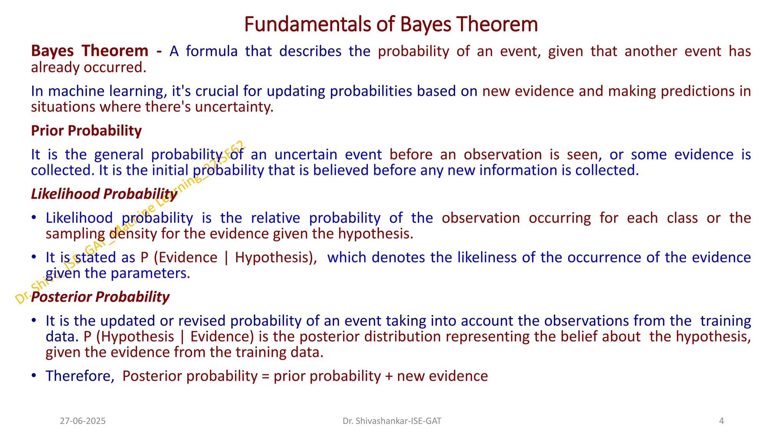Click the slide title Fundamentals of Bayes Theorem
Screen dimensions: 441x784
pos(391,24)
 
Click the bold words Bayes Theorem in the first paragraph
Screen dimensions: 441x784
pos(90,51)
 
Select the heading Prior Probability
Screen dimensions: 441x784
pos(86,131)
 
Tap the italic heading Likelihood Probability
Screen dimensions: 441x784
pos(104,194)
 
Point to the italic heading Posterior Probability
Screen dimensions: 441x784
pos(100,297)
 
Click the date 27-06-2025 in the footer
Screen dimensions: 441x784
pos(83,421)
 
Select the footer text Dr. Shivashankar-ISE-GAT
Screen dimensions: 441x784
pos(392,421)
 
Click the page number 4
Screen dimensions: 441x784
pos(721,421)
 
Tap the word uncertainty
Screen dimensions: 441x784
pos(234,107)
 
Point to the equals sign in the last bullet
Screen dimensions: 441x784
pos(266,376)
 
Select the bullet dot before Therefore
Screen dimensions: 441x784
pos(34,376)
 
